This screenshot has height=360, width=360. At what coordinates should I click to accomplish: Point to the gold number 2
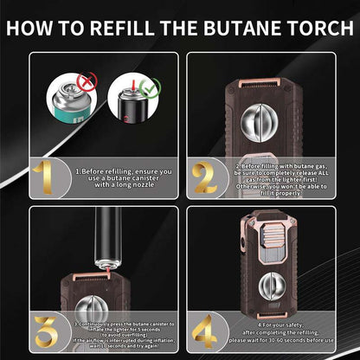(204, 177)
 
